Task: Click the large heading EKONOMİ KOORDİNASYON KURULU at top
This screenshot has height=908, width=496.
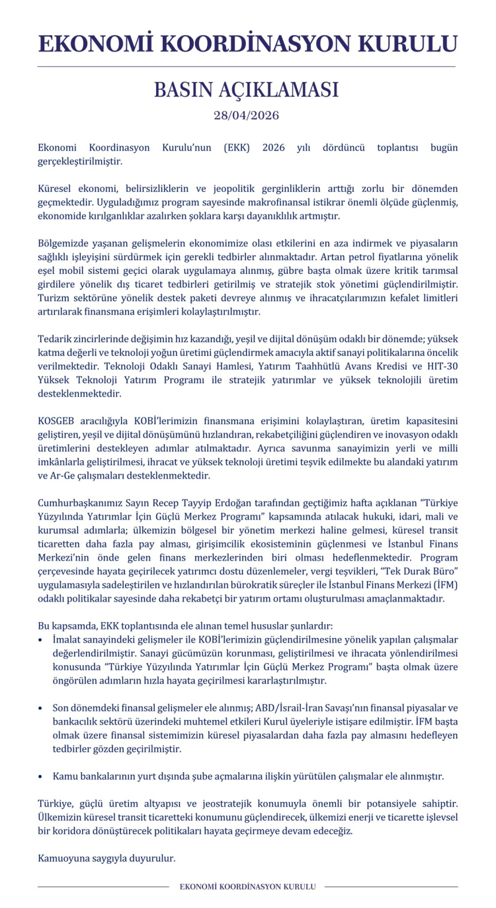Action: click(x=247, y=44)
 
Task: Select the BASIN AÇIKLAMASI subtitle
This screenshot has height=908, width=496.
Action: click(x=247, y=90)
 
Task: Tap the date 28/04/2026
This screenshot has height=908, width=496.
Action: click(x=247, y=116)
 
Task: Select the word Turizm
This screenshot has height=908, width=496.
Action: click(x=54, y=298)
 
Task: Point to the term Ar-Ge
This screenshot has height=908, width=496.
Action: click(x=68, y=475)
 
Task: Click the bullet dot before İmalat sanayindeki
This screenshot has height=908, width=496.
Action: click(x=41, y=641)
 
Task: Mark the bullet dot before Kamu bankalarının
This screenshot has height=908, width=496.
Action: click(x=41, y=776)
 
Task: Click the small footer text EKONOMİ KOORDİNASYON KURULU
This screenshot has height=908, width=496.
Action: click(x=247, y=886)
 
